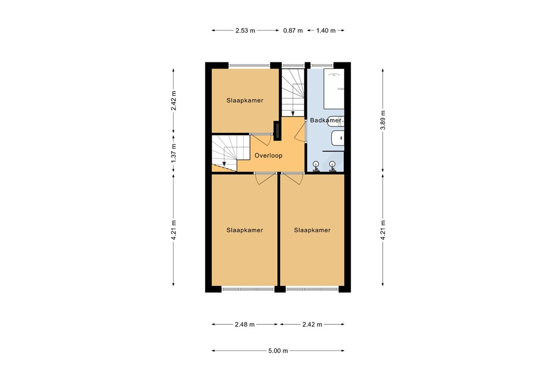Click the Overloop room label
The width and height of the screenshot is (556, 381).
[268, 155]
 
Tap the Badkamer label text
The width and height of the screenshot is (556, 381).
[326, 120]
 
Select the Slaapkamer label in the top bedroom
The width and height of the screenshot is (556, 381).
[245, 100]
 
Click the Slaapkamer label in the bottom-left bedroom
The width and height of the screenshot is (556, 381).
[245, 230]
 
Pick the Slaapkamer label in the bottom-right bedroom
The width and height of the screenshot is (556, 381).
[312, 230]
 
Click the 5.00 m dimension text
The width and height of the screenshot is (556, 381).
[277, 351]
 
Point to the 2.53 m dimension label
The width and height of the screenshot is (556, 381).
[245, 31]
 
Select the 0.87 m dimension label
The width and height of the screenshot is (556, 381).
[293, 31]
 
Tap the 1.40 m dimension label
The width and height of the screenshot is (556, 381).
[325, 31]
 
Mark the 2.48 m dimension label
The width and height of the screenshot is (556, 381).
[245, 325]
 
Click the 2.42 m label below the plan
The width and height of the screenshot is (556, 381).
[312, 325]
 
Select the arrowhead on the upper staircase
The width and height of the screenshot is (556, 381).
[293, 113]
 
